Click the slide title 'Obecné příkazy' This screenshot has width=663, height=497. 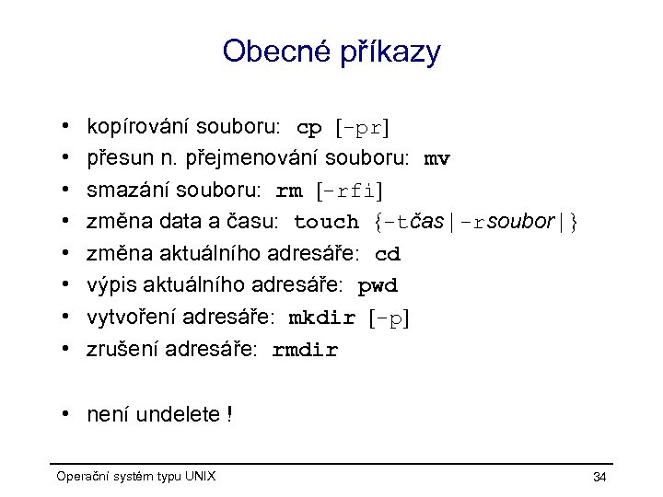click(x=331, y=52)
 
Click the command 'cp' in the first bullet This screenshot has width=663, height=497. click(x=308, y=127)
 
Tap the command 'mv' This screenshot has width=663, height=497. click(x=436, y=159)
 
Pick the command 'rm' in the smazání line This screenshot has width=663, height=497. click(x=289, y=191)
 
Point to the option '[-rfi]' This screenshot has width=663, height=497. click(x=349, y=191)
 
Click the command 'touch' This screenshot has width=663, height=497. click(x=326, y=223)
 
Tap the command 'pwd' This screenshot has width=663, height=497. click(x=378, y=286)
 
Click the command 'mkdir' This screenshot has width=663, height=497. click(x=322, y=318)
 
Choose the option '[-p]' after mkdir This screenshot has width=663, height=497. click(x=388, y=318)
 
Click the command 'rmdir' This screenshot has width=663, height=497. click(x=306, y=351)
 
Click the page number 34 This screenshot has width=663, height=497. click(x=599, y=477)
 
